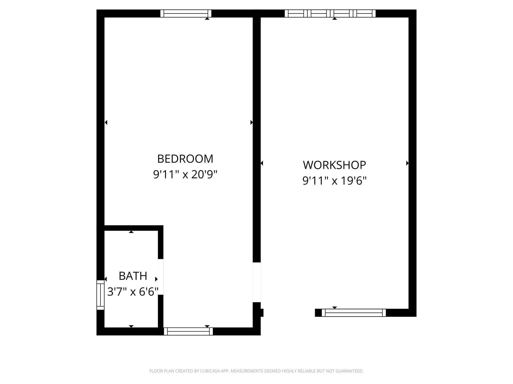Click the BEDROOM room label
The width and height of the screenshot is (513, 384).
[x=185, y=159]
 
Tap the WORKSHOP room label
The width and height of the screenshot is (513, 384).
[x=334, y=165]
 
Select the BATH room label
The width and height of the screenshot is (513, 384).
[x=133, y=276]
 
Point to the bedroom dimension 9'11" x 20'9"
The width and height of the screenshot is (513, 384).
[x=185, y=174]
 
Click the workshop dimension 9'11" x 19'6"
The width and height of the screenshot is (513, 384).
[x=334, y=180]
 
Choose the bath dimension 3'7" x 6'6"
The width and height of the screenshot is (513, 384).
[x=133, y=291]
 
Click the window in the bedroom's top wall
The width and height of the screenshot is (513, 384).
[x=186, y=13]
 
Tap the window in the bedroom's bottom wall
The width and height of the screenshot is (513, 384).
[x=188, y=331]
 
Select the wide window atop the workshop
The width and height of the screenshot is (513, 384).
[x=330, y=13]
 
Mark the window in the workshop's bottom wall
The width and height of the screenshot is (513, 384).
[x=354, y=313]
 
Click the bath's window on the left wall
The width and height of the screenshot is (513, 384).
[x=100, y=295]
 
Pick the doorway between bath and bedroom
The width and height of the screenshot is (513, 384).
[x=161, y=277]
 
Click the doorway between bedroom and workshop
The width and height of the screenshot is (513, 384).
[x=257, y=282]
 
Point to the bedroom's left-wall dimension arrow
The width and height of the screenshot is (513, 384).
[x=106, y=122]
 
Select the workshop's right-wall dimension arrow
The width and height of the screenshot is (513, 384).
[x=407, y=163]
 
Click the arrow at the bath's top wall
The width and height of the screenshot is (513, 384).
[x=131, y=232]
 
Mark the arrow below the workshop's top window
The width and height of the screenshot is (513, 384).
[x=334, y=18]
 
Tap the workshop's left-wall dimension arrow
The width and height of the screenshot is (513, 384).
[x=262, y=163]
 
